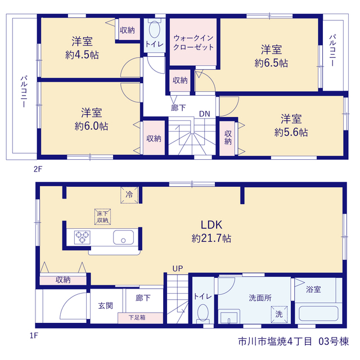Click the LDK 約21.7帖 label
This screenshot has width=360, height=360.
[211, 231]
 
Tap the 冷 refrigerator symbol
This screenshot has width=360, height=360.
[129, 195]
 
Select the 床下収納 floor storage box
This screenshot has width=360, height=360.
[102, 217]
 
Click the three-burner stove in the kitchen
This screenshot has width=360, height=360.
[82, 237]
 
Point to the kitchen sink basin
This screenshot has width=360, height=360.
[123, 237]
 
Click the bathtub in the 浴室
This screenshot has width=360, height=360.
[318, 313]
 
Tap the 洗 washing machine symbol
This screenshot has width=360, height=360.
[279, 314]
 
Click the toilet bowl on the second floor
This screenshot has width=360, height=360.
[155, 29]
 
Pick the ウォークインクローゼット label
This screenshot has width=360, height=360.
[193, 43]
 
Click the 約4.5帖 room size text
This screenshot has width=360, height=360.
[82, 55]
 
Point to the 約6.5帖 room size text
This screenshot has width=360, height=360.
[271, 63]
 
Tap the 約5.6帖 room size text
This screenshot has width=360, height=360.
[291, 132]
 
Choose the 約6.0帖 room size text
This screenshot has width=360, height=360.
[91, 126]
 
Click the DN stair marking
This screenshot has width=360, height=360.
[204, 114]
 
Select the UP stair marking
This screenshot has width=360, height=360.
[178, 268]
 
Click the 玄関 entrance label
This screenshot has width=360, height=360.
[106, 305]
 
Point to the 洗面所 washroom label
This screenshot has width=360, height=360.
[260, 298]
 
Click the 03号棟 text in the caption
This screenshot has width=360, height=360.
[334, 341]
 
